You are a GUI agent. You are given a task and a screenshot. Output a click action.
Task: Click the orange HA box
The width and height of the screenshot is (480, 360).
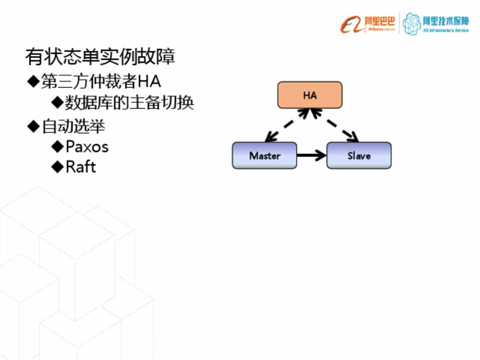[310, 95]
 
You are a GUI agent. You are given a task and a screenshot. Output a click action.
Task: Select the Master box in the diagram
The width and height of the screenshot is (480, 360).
[264, 155]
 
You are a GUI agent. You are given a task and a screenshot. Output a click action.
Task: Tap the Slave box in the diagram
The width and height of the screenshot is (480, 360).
[359, 155]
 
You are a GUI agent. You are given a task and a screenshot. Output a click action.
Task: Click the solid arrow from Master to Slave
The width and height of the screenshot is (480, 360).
[311, 155]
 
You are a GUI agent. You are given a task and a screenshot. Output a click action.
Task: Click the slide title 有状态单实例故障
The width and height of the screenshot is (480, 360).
[100, 57]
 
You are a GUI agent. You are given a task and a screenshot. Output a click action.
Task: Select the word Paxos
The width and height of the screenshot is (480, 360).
[87, 146]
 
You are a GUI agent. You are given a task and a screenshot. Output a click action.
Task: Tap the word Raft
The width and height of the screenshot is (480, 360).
[80, 166]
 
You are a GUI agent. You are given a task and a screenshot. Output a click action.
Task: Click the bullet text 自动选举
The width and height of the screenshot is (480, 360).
[73, 126]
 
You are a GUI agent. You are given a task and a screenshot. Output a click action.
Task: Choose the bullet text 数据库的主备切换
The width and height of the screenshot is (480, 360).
[129, 103]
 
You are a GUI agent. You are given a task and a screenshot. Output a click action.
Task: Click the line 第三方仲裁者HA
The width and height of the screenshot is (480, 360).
[101, 81]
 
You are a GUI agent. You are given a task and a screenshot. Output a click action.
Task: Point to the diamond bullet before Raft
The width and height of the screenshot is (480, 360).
[57, 166]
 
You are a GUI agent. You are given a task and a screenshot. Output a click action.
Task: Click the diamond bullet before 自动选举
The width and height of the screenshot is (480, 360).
[33, 126]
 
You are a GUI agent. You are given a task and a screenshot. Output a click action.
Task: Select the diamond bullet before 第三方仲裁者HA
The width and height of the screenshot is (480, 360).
[33, 81]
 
